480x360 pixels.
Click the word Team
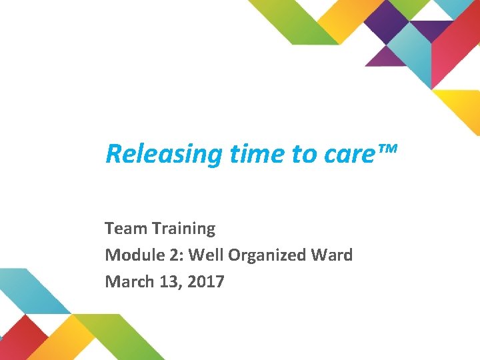[x=125, y=229]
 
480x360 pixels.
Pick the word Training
[x=183, y=229]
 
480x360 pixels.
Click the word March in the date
[x=127, y=281]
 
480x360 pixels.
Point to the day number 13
[x=168, y=281]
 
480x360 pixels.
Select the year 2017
[x=206, y=281]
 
